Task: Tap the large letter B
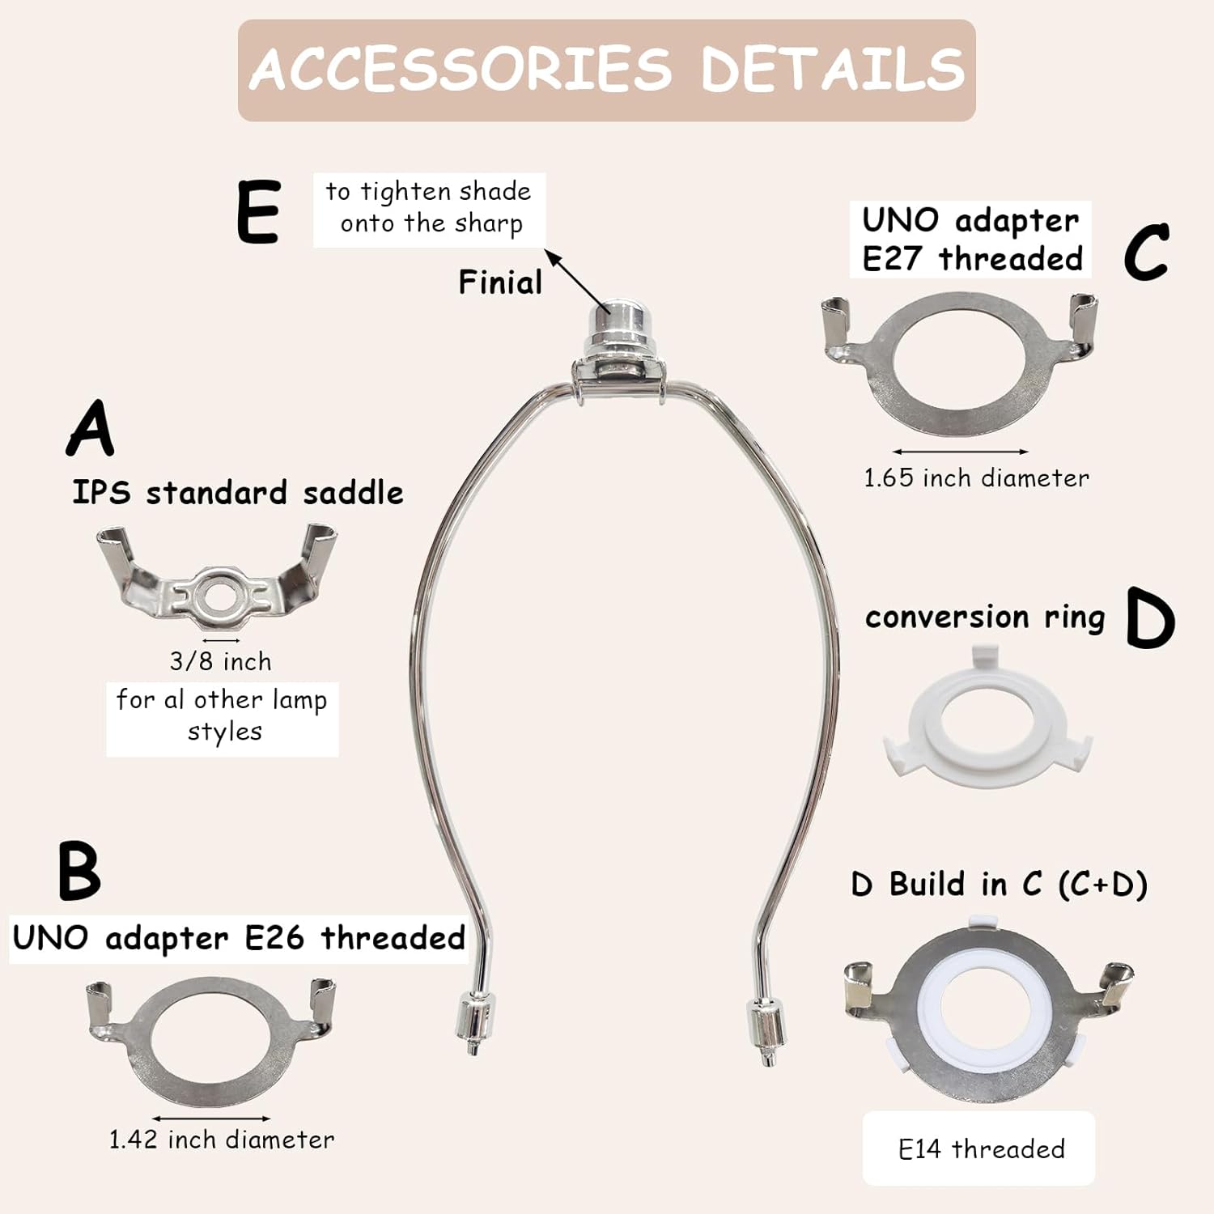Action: (x=79, y=871)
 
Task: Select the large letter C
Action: (x=1147, y=252)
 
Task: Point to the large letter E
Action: (x=259, y=211)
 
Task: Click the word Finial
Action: (x=500, y=282)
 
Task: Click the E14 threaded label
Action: (x=981, y=1149)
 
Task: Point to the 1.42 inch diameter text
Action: (x=221, y=1140)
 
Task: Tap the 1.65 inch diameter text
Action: (x=976, y=478)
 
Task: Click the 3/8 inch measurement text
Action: (x=220, y=661)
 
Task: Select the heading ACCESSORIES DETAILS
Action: (x=607, y=69)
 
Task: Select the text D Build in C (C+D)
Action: (x=999, y=885)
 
